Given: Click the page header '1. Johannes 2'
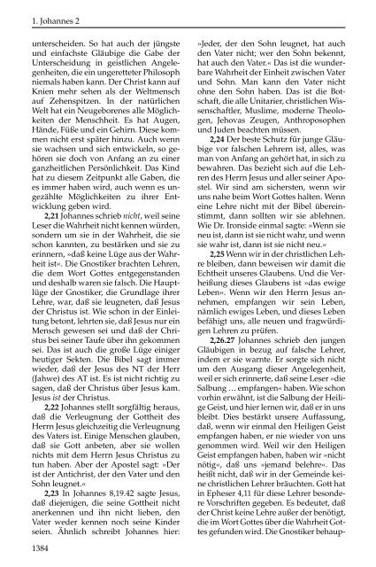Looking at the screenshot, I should tap(32, 12).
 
